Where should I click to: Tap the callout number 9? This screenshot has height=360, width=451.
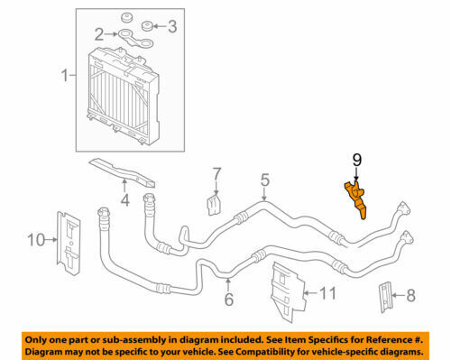click(357, 160)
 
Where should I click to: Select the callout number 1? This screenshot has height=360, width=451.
click(65, 75)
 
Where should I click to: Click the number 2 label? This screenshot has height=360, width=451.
click(99, 34)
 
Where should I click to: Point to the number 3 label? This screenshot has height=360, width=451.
click(172, 26)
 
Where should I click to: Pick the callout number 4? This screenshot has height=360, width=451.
click(125, 199)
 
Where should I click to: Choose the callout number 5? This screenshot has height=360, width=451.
click(265, 180)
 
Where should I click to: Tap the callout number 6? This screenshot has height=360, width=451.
click(229, 300)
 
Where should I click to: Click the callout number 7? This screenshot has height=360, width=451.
click(216, 174)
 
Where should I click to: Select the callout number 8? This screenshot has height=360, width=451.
click(410, 295)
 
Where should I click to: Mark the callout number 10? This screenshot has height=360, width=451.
click(36, 240)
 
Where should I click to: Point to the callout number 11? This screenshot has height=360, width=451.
click(327, 293)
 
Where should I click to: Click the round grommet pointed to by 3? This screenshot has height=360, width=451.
click(147, 26)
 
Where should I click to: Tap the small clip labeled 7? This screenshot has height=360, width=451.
click(214, 205)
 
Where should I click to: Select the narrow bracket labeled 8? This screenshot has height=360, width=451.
click(385, 297)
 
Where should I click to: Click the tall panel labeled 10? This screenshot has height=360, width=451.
click(69, 244)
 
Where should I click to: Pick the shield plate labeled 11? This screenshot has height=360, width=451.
click(288, 292)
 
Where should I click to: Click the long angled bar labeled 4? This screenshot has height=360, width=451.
click(122, 172)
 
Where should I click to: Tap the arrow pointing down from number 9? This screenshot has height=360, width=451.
click(356, 174)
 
